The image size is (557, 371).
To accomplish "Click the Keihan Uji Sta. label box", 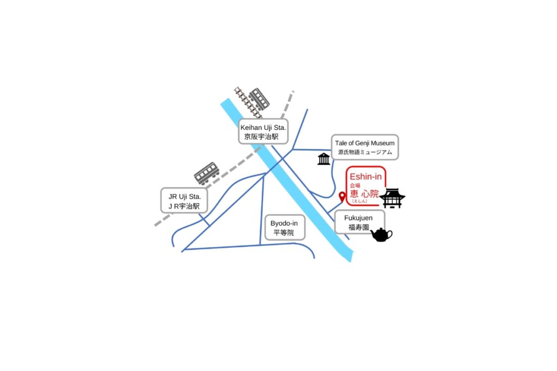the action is click(263, 131).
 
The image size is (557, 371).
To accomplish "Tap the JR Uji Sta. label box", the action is click(184, 200).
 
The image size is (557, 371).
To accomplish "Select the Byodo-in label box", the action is click(285, 228).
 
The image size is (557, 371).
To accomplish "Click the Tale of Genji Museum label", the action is click(365, 147).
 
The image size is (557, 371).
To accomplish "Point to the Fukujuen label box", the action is click(360, 222).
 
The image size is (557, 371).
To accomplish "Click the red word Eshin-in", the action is click(366, 177).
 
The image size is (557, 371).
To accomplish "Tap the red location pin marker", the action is click(342, 197).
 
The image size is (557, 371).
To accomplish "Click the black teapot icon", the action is click(381, 235).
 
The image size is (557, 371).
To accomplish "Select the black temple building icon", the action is click(392, 198).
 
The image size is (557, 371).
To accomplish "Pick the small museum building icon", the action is click(324, 159).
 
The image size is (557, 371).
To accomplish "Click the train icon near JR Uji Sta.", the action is click(206, 173).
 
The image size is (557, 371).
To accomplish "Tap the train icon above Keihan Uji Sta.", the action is click(259, 99).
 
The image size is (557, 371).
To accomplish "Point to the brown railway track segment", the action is click(248, 103).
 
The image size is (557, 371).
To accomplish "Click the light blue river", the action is click(287, 180).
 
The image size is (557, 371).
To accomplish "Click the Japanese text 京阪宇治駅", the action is click(261, 136).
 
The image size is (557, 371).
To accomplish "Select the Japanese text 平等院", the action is click(283, 232).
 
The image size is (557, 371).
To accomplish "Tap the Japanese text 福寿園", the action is click(358, 227).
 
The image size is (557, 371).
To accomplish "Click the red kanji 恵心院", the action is click(364, 194).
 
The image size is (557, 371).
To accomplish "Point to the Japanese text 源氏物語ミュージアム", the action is click(365, 152).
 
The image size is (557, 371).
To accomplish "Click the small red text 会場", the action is click(355, 186).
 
